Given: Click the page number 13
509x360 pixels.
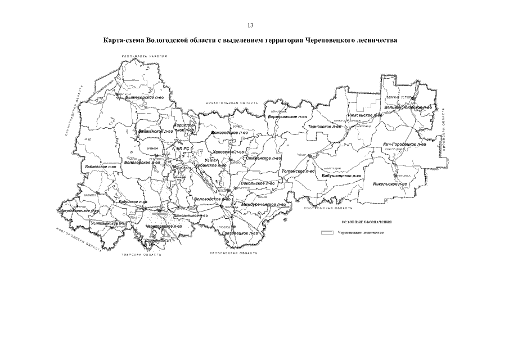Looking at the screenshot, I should (x=251, y=25).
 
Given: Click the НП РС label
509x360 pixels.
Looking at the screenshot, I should (x=181, y=148).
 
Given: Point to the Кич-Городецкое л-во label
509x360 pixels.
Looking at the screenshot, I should (x=404, y=144).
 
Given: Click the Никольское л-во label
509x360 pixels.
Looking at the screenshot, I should (x=390, y=184).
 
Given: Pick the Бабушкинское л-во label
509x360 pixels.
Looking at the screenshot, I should (x=341, y=176).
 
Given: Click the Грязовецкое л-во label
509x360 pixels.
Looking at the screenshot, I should (x=240, y=233).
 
